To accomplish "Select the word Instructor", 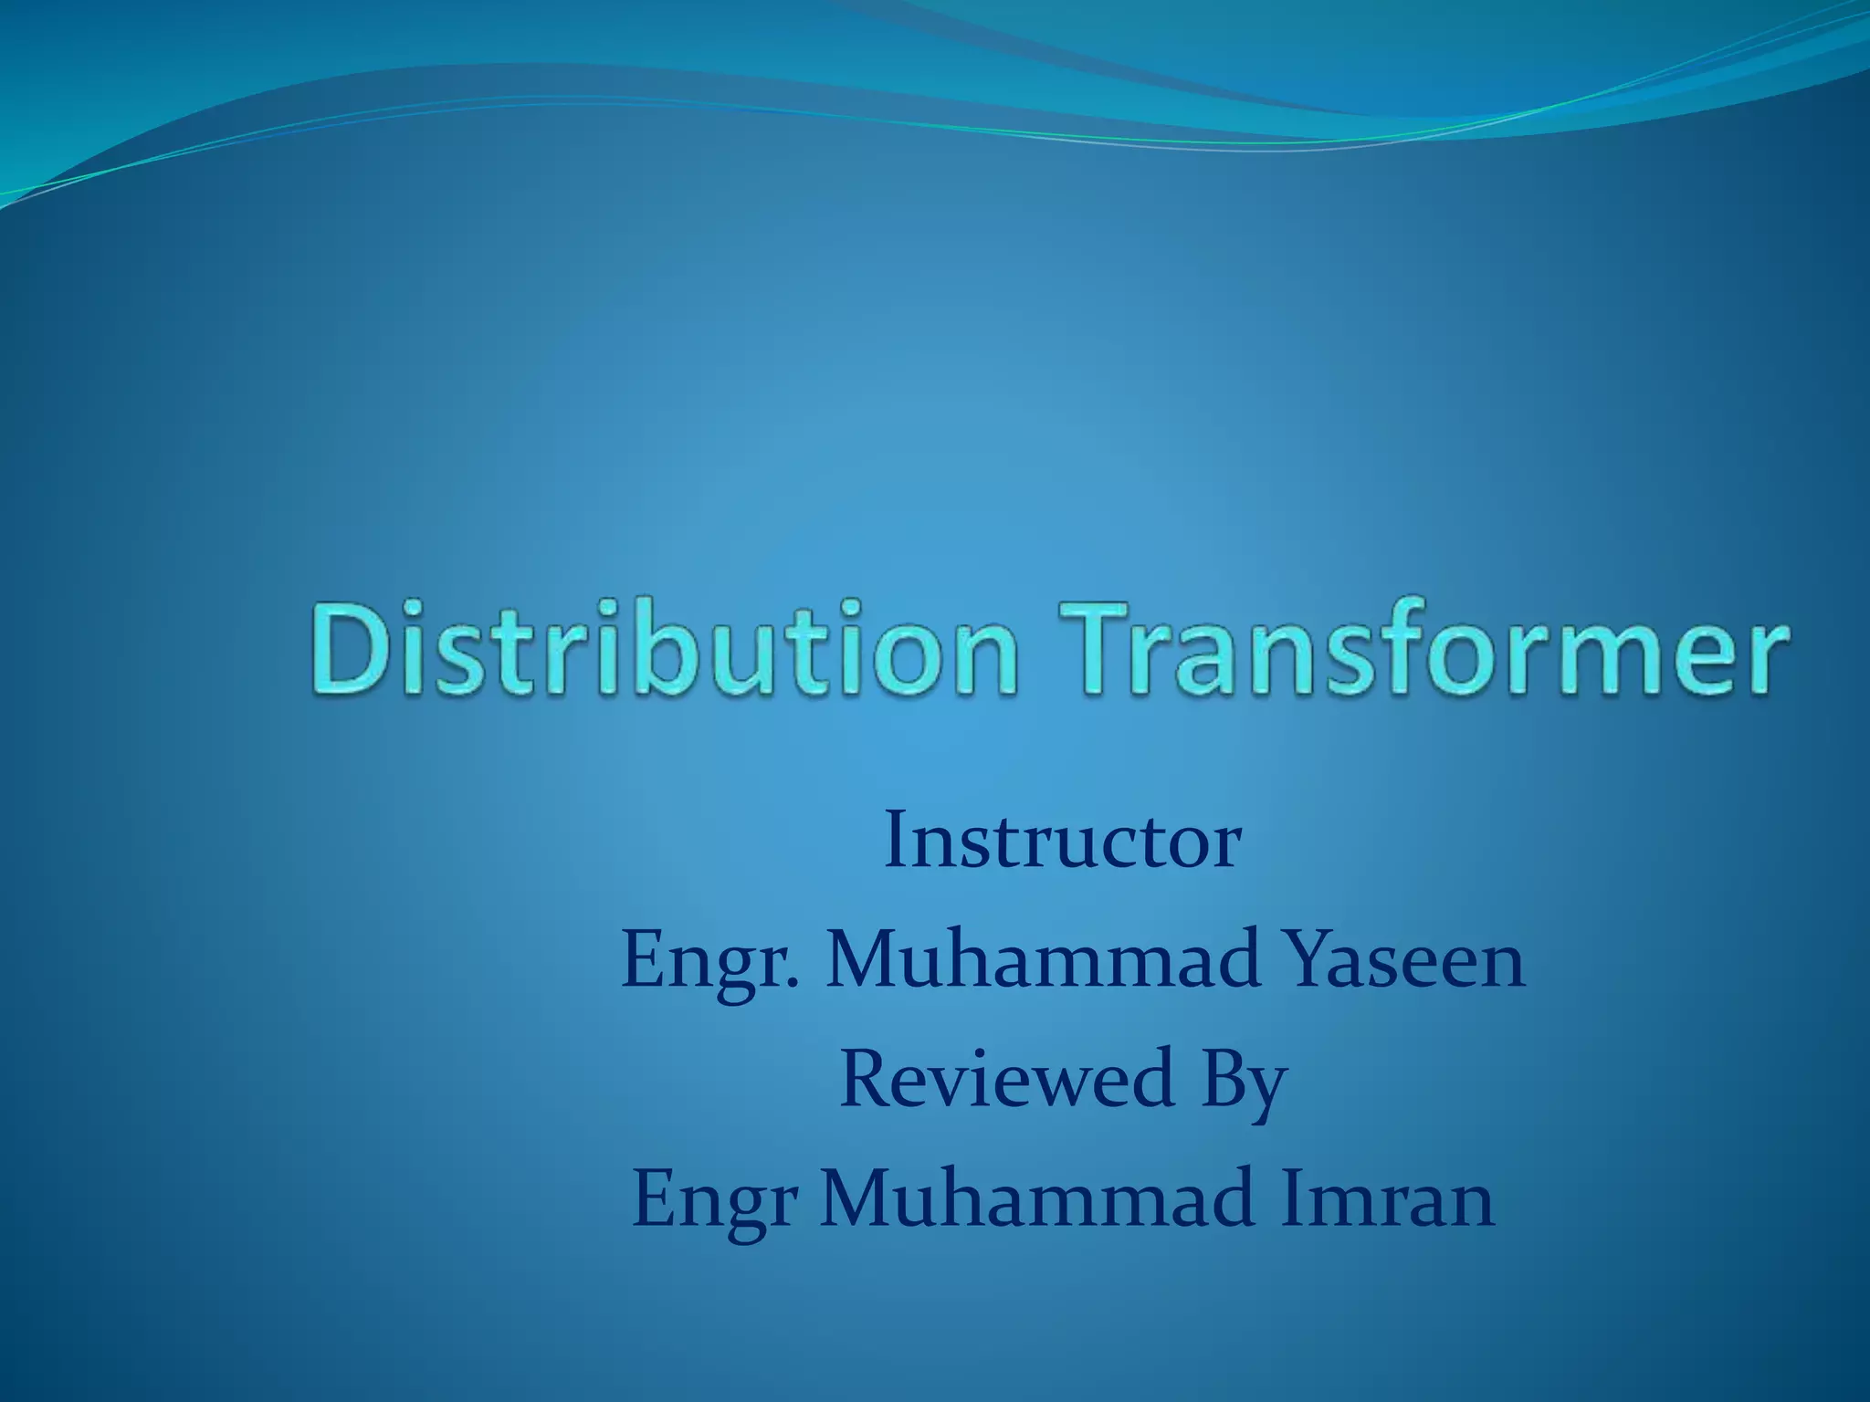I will point(1062,842).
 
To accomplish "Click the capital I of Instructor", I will point(896,842).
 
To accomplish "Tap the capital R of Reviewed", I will point(865,1079).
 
